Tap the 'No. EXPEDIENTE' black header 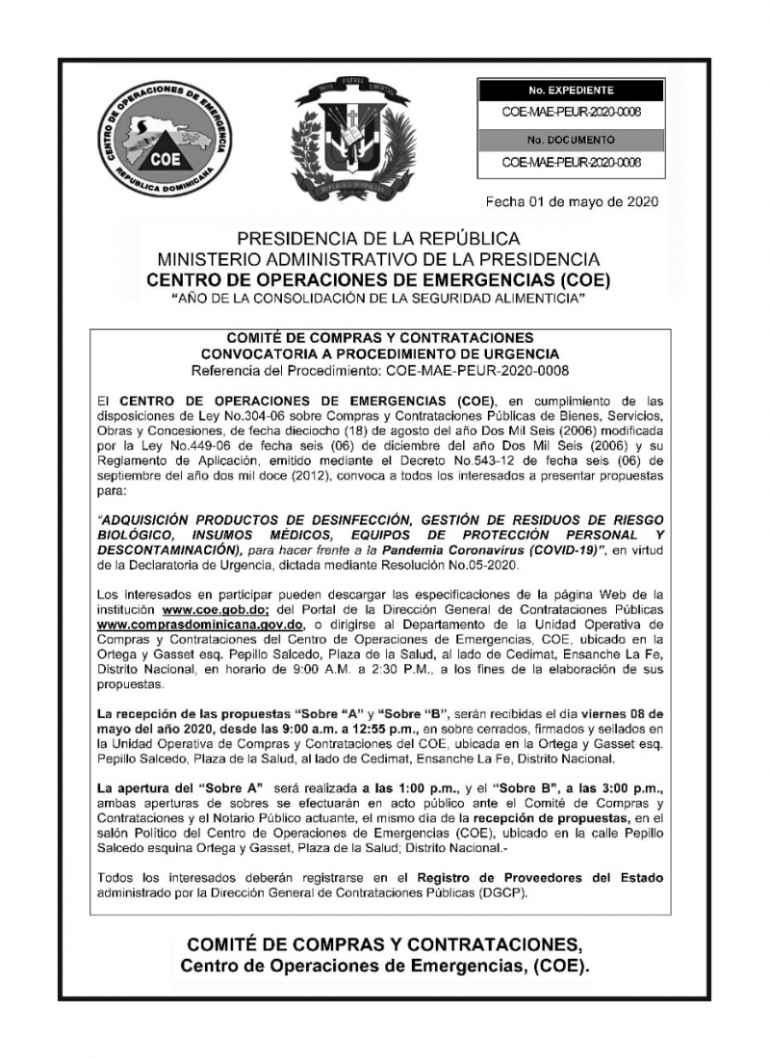pyautogui.click(x=570, y=89)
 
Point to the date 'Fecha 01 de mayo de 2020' pyautogui.click(x=571, y=203)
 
